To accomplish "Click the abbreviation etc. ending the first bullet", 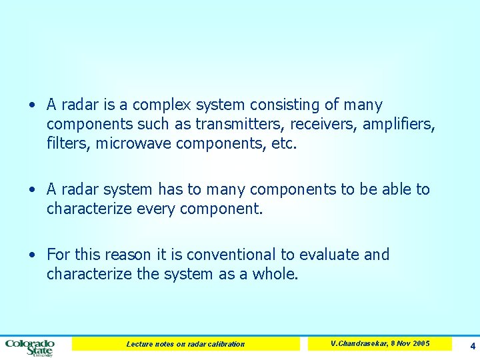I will (283, 143).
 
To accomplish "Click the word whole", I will (275, 273).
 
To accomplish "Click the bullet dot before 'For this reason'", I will (32, 255).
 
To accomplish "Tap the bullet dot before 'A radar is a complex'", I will (32, 105).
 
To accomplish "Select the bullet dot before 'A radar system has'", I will (32, 190).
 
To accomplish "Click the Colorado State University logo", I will (30, 347).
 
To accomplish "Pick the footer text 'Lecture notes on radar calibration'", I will (185, 344).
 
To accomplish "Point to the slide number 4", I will (472, 346).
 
